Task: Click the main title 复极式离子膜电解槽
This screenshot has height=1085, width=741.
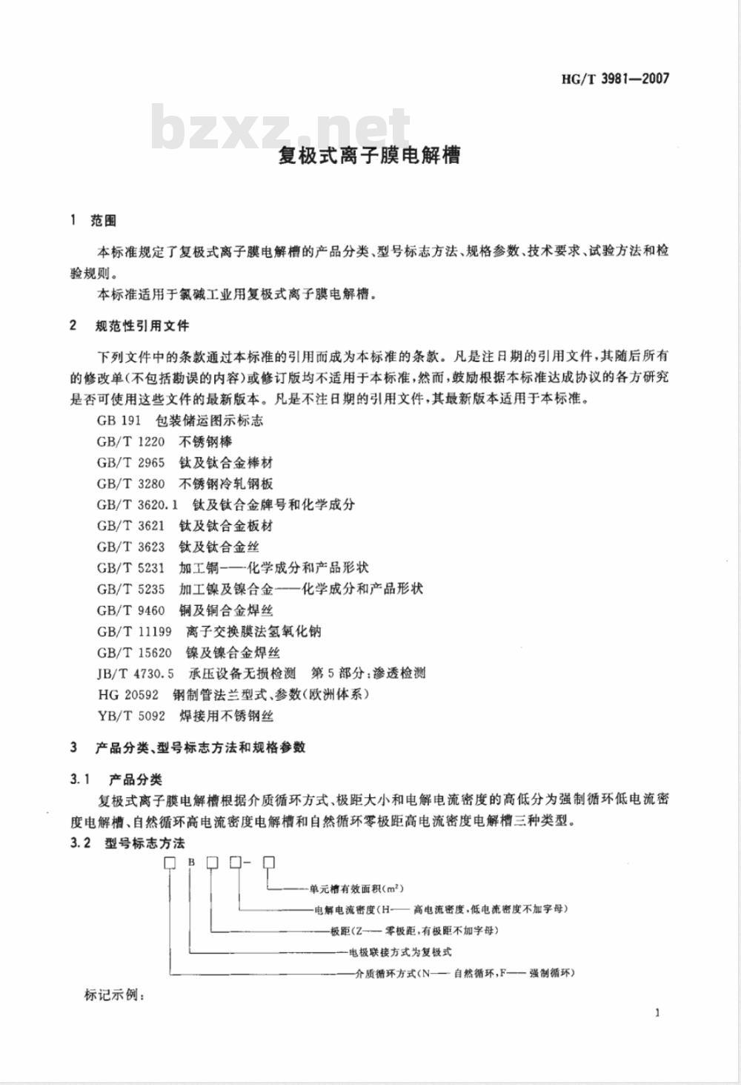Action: coord(369,155)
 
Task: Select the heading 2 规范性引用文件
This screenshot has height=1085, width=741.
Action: coord(130,326)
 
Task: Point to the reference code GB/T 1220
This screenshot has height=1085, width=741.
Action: coord(130,441)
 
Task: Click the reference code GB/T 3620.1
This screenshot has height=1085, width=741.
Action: coord(138,504)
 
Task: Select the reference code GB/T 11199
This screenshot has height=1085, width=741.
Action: coord(134,631)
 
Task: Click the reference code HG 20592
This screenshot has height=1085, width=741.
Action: coord(127,695)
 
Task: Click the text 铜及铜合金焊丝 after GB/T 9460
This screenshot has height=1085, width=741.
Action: coord(226,610)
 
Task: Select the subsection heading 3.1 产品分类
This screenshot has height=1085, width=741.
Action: coord(116,779)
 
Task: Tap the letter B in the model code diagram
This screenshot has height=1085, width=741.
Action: coord(191,863)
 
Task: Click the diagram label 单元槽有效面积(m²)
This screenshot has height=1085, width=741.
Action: coord(356,888)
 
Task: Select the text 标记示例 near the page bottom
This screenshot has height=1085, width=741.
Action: coord(115,995)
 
